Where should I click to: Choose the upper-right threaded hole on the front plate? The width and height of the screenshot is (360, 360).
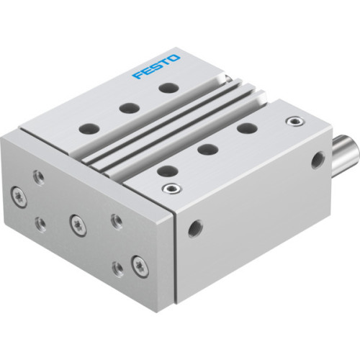point(115,219)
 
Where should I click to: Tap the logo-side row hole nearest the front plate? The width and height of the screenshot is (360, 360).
point(91,130)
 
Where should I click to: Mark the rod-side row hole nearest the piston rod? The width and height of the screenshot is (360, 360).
point(247,128)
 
